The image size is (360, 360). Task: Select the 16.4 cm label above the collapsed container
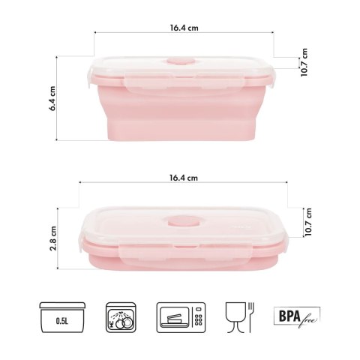pos(184,178)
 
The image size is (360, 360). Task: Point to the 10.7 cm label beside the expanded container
pos(304,64)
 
